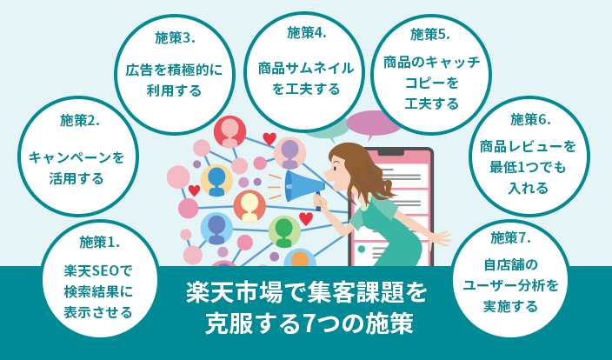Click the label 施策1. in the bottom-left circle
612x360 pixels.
[x=99, y=241]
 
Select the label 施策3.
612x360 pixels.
[x=175, y=38]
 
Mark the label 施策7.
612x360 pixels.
[x=510, y=237]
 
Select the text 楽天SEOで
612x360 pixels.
[x=99, y=270]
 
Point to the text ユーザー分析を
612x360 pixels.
[x=510, y=284]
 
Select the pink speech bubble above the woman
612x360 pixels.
[x=374, y=123]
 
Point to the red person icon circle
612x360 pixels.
[x=229, y=132]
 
